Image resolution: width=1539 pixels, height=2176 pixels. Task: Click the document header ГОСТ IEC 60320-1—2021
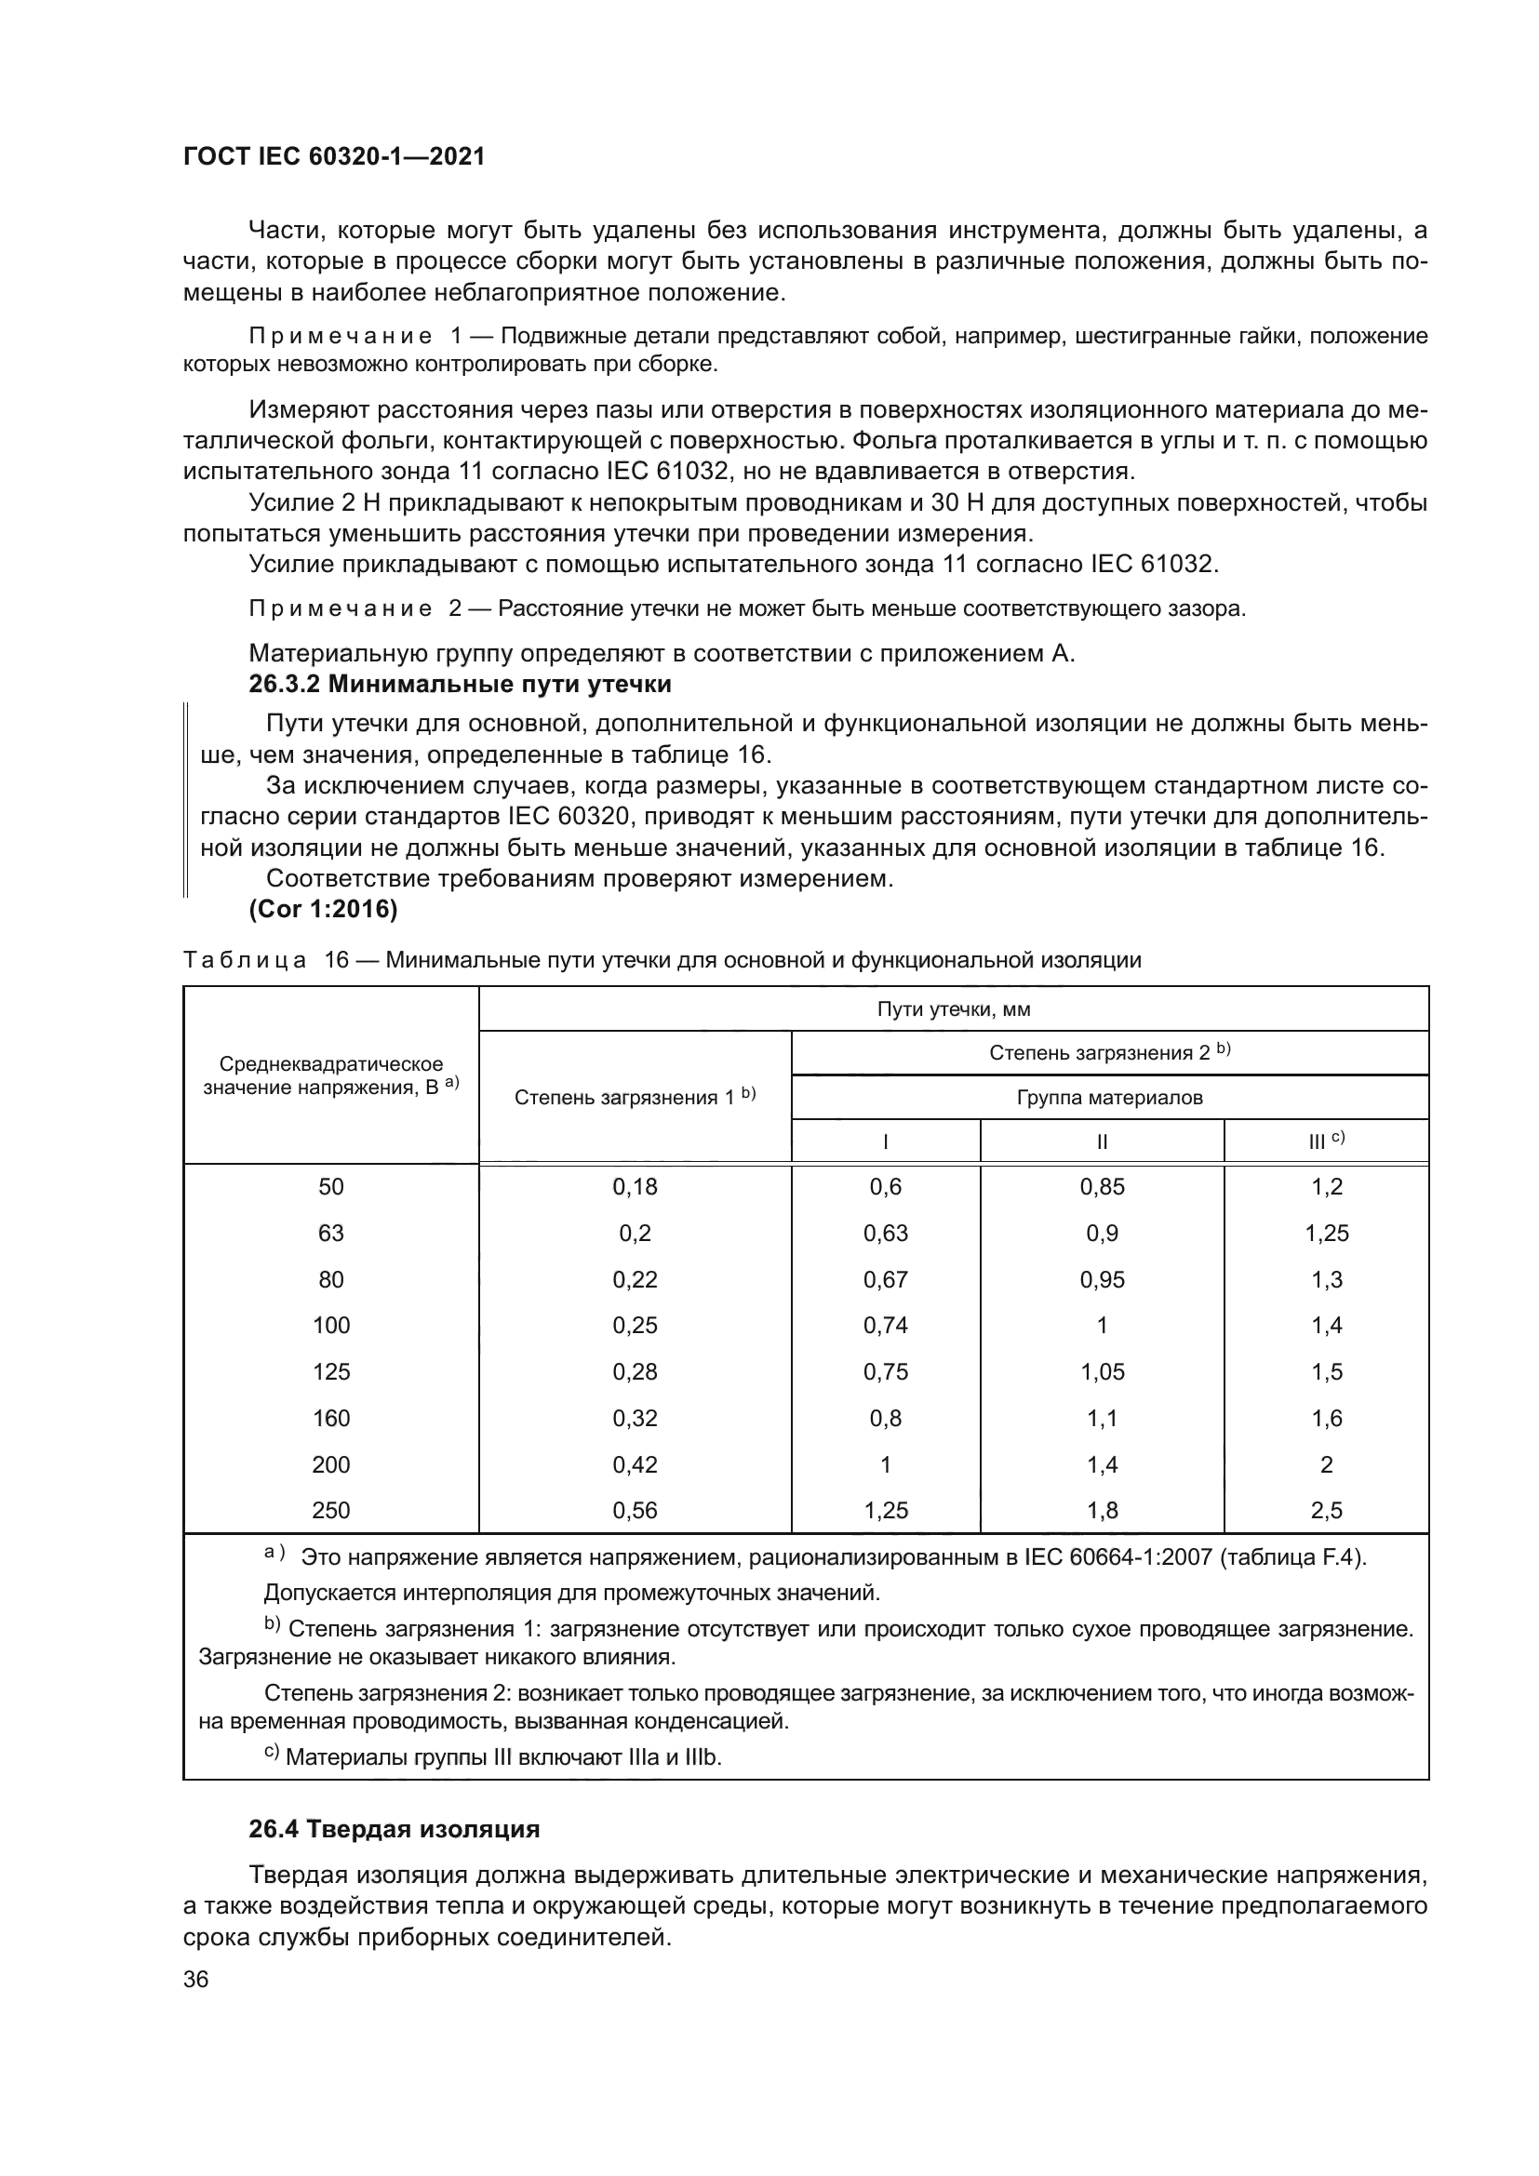click(x=334, y=157)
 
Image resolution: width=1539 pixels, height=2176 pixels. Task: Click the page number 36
click(x=196, y=1979)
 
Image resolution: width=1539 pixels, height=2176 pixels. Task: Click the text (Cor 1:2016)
click(x=323, y=909)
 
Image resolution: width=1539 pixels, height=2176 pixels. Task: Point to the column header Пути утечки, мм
click(x=954, y=1009)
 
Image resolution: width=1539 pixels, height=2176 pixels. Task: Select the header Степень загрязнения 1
click(x=634, y=1097)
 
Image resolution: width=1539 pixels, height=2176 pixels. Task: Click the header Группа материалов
click(x=1110, y=1098)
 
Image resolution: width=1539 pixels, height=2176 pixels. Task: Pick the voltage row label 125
click(x=330, y=1371)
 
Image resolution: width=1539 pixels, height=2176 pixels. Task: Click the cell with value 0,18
click(x=634, y=1186)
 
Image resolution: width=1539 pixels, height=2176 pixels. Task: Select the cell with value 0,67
click(x=885, y=1279)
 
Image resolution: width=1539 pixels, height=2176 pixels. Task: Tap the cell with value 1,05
click(x=1102, y=1371)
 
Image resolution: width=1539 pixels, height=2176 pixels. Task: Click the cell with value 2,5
click(x=1326, y=1511)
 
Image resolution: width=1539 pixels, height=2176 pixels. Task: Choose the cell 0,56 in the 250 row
click(x=634, y=1511)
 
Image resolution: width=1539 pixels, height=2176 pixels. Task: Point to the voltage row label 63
click(x=330, y=1233)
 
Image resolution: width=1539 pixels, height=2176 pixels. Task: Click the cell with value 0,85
click(x=1102, y=1186)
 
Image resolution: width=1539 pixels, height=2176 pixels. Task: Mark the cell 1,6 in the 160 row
click(x=1326, y=1418)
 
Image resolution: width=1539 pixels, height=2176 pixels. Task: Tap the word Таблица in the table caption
click(x=245, y=960)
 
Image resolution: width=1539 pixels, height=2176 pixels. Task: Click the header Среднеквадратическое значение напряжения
click(x=330, y=1075)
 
